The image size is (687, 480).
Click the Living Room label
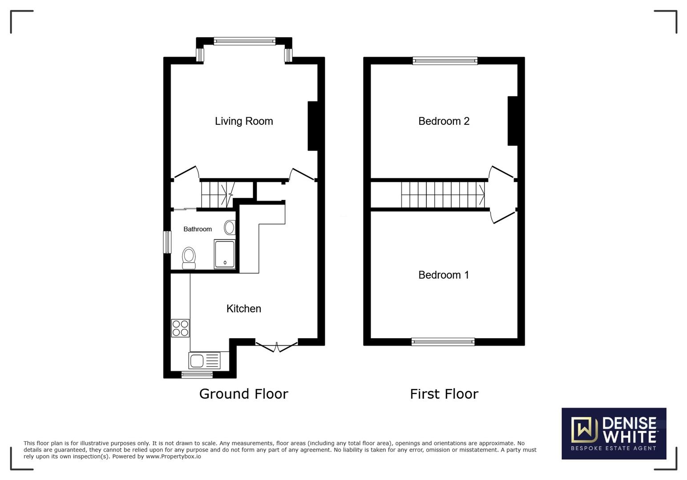click(244, 121)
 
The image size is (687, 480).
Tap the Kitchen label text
click(244, 308)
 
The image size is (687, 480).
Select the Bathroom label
click(198, 229)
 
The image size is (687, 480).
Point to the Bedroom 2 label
click(444, 121)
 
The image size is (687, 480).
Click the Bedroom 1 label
click(444, 275)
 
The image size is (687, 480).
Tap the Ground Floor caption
click(244, 394)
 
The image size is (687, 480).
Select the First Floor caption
click(444, 394)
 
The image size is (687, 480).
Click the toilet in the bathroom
click(189, 258)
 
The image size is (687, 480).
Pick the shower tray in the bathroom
click(225, 254)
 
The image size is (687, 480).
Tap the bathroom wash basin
click(230, 227)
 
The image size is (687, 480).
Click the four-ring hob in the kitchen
click(180, 328)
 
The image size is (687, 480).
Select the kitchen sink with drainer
click(205, 360)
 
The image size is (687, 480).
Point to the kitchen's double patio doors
click(276, 347)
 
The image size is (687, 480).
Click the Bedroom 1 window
click(443, 342)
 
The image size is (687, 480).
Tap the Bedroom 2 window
click(445, 60)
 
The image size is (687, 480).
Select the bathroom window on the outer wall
click(167, 242)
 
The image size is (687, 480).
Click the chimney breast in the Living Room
click(312, 126)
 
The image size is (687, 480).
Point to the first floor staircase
click(443, 195)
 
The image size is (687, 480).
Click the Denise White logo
click(614, 433)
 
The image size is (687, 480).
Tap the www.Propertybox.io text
click(173, 456)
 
